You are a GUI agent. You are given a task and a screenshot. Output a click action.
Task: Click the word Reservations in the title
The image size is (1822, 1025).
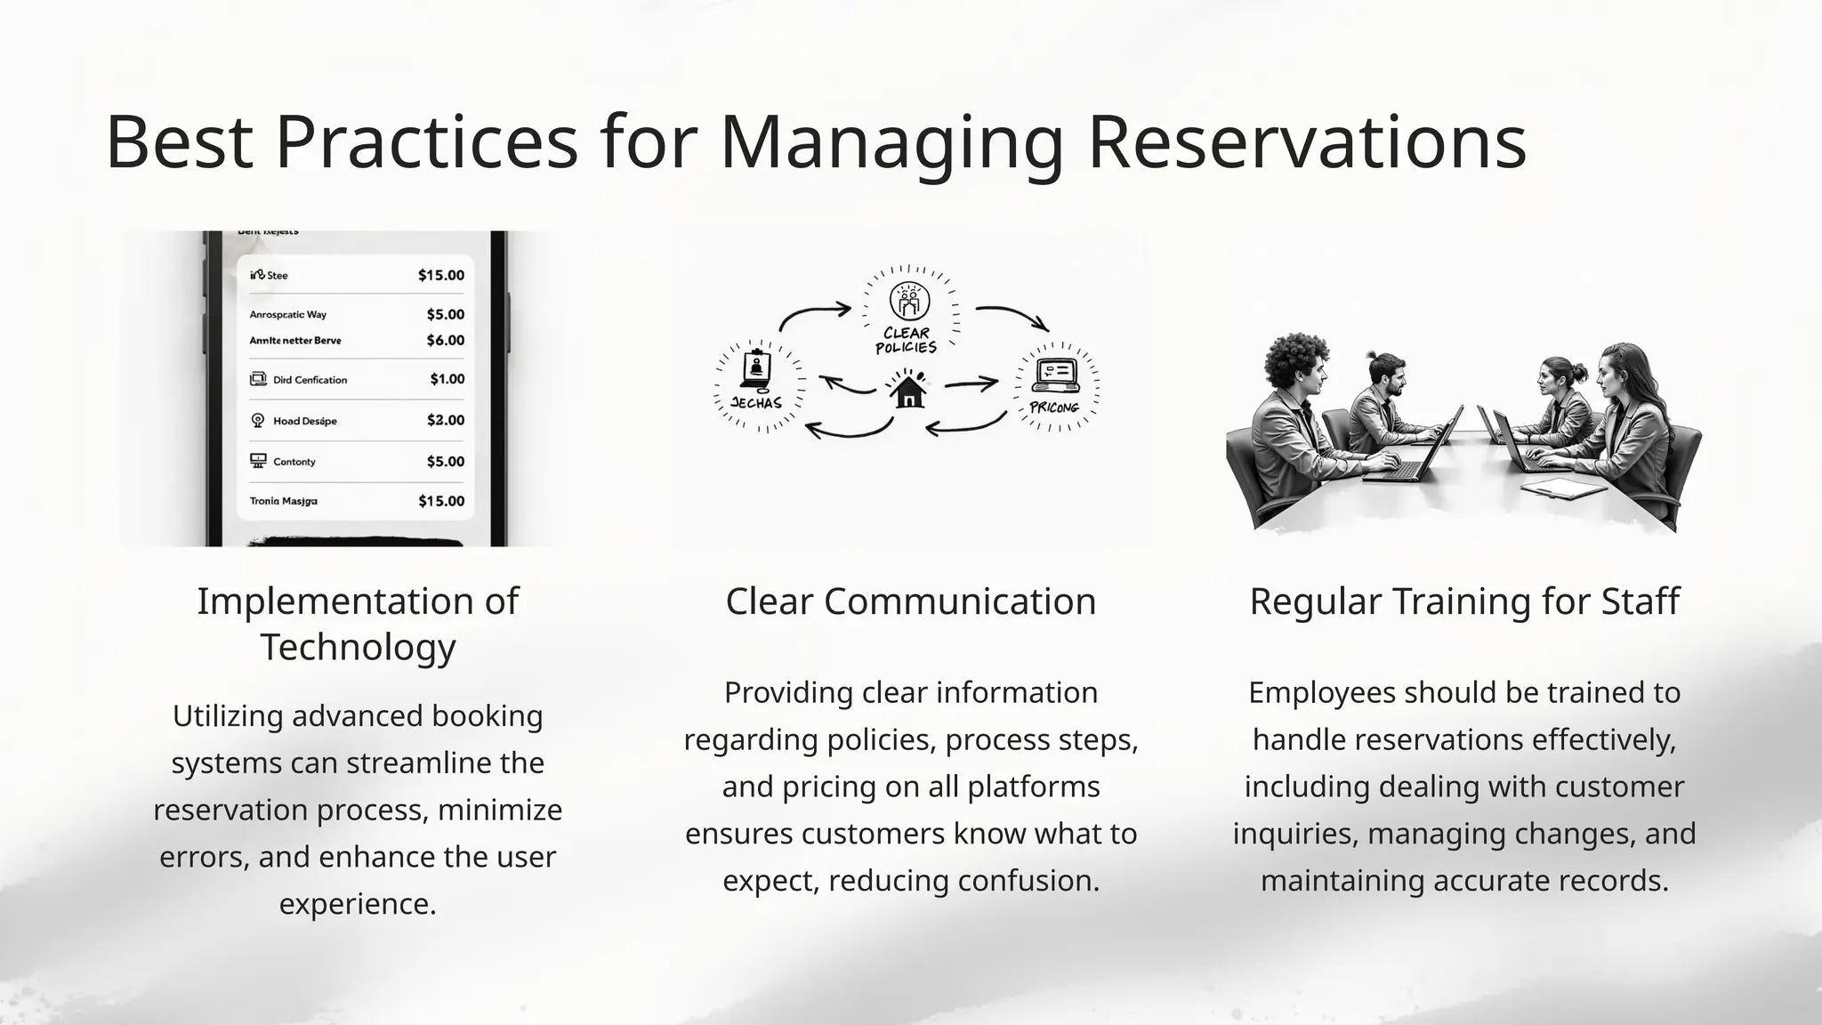[1306, 142]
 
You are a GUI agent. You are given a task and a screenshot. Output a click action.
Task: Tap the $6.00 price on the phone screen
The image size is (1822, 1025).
[445, 340]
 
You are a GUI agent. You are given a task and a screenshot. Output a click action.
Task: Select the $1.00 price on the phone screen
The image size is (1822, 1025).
[447, 379]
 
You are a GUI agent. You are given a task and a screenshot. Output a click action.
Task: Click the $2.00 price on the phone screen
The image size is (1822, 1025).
[445, 420]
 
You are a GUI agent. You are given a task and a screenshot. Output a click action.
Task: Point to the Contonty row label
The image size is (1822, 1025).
[294, 462]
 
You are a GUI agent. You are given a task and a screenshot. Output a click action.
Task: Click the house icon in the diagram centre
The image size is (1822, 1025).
[907, 390]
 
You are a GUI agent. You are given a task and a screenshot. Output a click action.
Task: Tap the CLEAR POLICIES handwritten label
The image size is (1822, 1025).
[906, 340]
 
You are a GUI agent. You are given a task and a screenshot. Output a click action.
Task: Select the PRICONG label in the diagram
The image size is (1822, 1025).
[1053, 408]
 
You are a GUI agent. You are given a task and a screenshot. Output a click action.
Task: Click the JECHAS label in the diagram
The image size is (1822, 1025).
[756, 403]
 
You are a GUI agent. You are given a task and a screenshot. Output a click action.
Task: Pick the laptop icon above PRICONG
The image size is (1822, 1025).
[1054, 375]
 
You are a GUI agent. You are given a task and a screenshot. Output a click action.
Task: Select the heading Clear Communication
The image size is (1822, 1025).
[910, 601]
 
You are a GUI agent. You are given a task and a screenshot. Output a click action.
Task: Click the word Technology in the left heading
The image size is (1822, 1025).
[358, 647]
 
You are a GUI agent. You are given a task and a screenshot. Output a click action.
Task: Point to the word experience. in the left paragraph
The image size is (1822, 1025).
[358, 904]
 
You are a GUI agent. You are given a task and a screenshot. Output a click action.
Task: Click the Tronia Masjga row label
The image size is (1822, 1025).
[283, 501]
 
